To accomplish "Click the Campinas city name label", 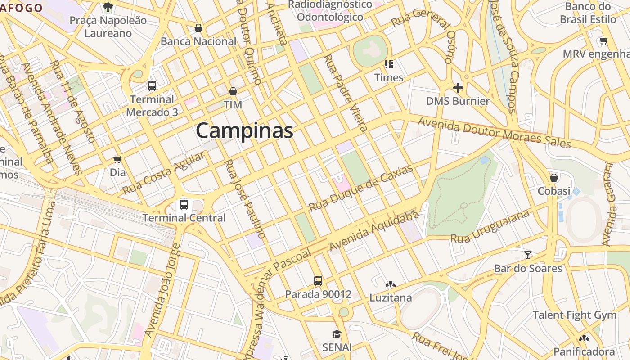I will pyautogui.click(x=244, y=131).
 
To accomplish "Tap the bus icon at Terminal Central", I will pyautogui.click(x=184, y=205).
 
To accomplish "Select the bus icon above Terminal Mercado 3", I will pyautogui.click(x=152, y=86).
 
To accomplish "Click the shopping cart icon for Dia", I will pyautogui.click(x=117, y=159).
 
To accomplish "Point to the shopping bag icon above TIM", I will pyautogui.click(x=233, y=91).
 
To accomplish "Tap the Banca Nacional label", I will pyautogui.click(x=198, y=41).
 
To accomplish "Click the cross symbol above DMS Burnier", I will pyautogui.click(x=458, y=87).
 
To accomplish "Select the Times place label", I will pyautogui.click(x=389, y=77).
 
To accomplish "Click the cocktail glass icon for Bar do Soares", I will pyautogui.click(x=528, y=255).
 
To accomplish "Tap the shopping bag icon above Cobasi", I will pyautogui.click(x=554, y=178).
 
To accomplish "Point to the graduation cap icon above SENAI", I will pyautogui.click(x=337, y=334).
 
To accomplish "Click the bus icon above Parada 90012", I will pyautogui.click(x=318, y=281).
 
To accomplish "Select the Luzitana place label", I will pyautogui.click(x=391, y=297).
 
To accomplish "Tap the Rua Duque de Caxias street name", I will pyautogui.click(x=360, y=189).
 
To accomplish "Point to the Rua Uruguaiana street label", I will pyautogui.click(x=490, y=226).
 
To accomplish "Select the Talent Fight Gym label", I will pyautogui.click(x=575, y=315).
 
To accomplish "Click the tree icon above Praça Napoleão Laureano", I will pyautogui.click(x=108, y=7).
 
